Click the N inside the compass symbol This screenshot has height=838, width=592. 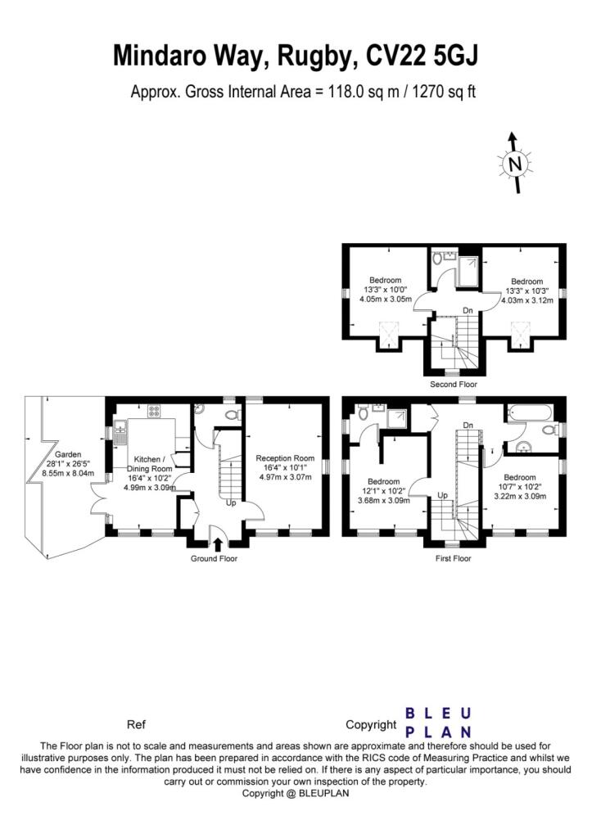(x=515, y=164)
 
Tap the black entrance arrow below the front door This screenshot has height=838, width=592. (x=218, y=544)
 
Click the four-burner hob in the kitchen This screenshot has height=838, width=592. (x=154, y=411)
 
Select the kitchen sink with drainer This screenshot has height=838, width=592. (x=120, y=432)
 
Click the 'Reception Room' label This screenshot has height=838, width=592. (x=285, y=458)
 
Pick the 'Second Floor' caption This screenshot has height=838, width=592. (x=454, y=385)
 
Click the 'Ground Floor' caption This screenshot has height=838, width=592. (x=214, y=558)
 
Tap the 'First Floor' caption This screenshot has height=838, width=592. (x=454, y=558)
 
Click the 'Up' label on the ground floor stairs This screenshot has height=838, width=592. (x=231, y=503)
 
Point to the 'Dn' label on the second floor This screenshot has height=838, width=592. (x=468, y=310)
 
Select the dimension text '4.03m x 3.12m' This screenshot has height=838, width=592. (x=527, y=300)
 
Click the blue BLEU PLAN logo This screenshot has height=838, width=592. (x=438, y=722)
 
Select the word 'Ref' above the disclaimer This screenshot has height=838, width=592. (x=136, y=725)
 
